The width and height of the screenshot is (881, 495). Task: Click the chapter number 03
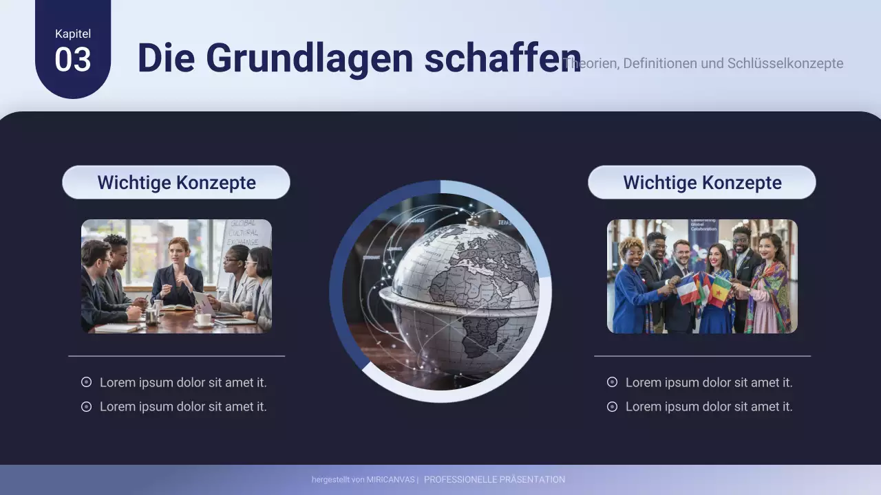pos(73,60)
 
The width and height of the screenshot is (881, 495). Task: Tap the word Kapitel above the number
pos(73,34)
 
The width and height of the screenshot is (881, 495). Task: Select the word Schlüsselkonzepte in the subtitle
pos(785,64)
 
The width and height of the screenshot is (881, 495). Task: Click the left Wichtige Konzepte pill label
pos(176,183)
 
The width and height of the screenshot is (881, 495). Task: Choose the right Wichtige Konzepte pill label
pos(702,183)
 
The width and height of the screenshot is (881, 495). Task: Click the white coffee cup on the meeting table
pos(204,319)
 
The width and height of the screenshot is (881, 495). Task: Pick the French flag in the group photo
pos(688,289)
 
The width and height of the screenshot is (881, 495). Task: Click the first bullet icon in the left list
pos(87,382)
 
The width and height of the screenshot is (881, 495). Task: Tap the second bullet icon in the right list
pos(613,407)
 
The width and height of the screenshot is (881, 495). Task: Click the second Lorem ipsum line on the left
pos(183,407)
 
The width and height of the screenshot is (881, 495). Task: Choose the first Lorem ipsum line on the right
pos(709,383)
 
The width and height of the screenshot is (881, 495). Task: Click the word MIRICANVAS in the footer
pos(390,480)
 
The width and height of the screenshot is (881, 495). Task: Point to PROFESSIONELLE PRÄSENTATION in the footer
pos(494,480)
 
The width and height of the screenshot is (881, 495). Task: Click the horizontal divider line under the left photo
pos(176,356)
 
